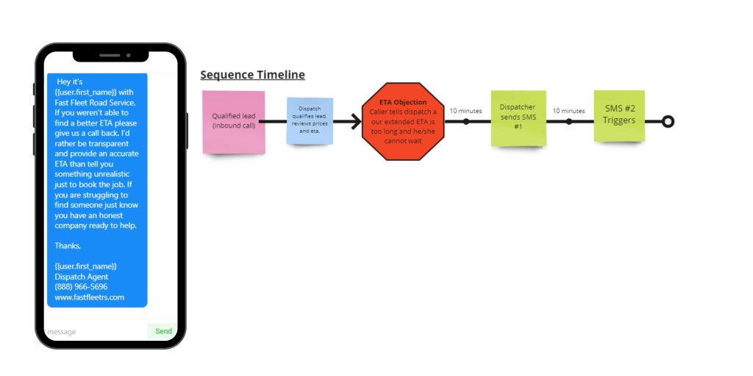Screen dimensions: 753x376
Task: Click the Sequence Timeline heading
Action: pyautogui.click(x=253, y=75)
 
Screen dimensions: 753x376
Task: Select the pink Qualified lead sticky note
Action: pyautogui.click(x=233, y=123)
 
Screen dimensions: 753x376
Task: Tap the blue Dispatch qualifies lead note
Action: pyautogui.click(x=310, y=121)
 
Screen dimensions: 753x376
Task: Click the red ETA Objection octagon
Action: pyautogui.click(x=403, y=121)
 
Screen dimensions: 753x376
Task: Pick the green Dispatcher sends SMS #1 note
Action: pyautogui.click(x=518, y=118)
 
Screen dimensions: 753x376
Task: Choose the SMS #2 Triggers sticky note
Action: pyautogui.click(x=619, y=116)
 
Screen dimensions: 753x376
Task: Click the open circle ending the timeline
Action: pyautogui.click(x=668, y=121)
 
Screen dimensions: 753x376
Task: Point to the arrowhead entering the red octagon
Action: pyautogui.click(x=356, y=121)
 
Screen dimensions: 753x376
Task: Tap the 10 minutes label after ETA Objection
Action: pyautogui.click(x=465, y=111)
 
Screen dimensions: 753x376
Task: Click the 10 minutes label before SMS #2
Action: pyautogui.click(x=568, y=111)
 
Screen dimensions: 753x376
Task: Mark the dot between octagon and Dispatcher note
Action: pyautogui.click(x=465, y=121)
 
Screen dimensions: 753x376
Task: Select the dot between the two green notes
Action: pyautogui.click(x=568, y=121)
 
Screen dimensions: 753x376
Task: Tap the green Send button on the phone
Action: pyautogui.click(x=163, y=331)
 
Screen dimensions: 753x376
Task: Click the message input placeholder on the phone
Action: pyautogui.click(x=62, y=332)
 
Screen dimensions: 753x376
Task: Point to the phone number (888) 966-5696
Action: pyautogui.click(x=81, y=287)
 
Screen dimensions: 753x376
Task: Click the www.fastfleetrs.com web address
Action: pyautogui.click(x=89, y=297)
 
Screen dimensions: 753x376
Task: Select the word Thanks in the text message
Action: pyautogui.click(x=68, y=245)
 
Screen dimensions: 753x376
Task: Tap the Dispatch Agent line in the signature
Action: pyautogui.click(x=81, y=277)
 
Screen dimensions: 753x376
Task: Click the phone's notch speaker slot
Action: pyautogui.click(x=110, y=55)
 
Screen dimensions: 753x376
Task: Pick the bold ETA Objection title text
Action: pyautogui.click(x=403, y=102)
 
